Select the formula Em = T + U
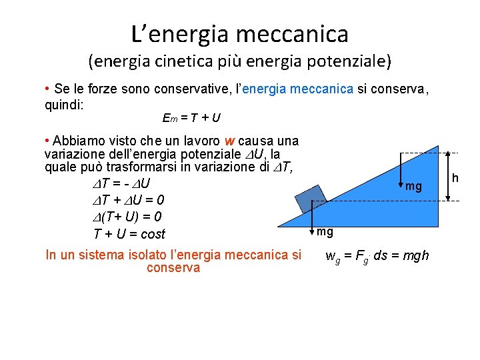tap(191, 118)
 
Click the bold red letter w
tap(229, 141)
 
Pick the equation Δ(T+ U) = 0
tap(127, 217)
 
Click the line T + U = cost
tap(129, 234)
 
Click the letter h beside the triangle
tap(455, 177)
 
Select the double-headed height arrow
tap(449, 173)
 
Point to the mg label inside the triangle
tap(413, 187)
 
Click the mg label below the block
tap(325, 232)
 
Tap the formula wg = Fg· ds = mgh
tap(377, 256)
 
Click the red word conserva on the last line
tap(173, 267)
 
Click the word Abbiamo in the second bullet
tap(77, 141)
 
